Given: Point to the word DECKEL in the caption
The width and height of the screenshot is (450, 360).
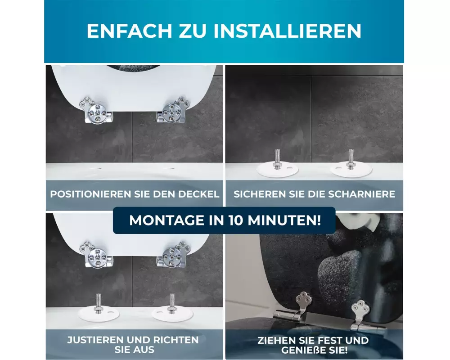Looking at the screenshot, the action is pyautogui.click(x=198, y=194).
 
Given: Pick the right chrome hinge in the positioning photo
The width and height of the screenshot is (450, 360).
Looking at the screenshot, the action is pyautogui.click(x=171, y=110).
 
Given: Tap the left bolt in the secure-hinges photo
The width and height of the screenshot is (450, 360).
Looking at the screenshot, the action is pyautogui.click(x=277, y=159).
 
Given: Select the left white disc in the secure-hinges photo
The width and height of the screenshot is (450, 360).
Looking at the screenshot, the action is pyautogui.click(x=278, y=170).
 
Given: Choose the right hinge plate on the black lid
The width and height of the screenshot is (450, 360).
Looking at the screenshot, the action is pyautogui.click(x=360, y=311).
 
